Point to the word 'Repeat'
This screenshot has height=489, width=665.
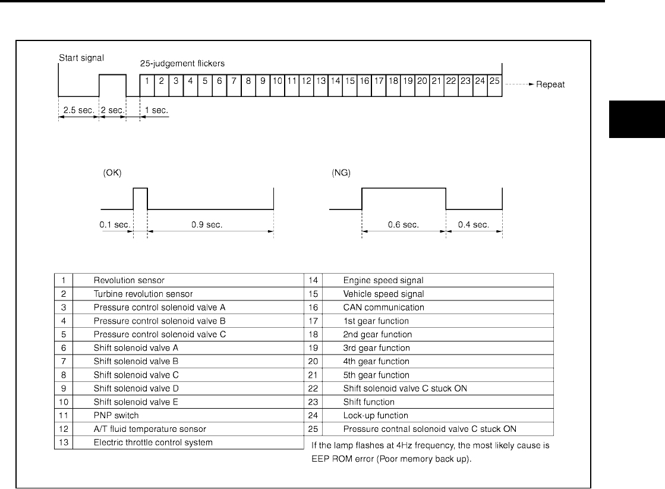[550, 84]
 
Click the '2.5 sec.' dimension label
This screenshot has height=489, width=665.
[78, 111]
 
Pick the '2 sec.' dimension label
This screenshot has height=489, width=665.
[112, 111]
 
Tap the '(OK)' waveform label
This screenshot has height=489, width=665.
[111, 175]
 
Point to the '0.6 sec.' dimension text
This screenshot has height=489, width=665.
[404, 225]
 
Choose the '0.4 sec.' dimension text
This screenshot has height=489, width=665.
[474, 225]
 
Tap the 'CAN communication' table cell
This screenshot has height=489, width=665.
[383, 308]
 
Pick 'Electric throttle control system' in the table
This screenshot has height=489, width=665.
[153, 442]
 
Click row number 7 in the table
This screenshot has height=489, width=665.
[63, 361]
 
